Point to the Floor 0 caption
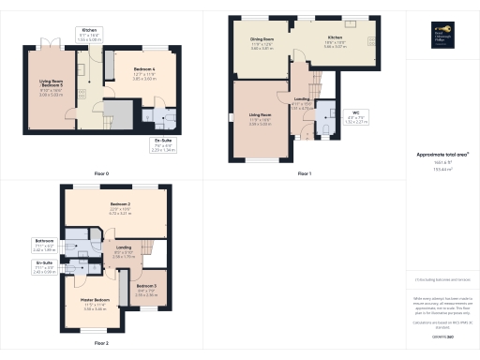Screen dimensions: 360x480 coord(100,174)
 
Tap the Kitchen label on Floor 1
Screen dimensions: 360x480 coord(335,40)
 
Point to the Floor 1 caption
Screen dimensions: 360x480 coord(304,174)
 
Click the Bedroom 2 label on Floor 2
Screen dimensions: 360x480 coord(119,204)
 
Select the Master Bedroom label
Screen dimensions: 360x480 coord(95,300)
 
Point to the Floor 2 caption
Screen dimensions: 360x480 coord(100,344)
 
